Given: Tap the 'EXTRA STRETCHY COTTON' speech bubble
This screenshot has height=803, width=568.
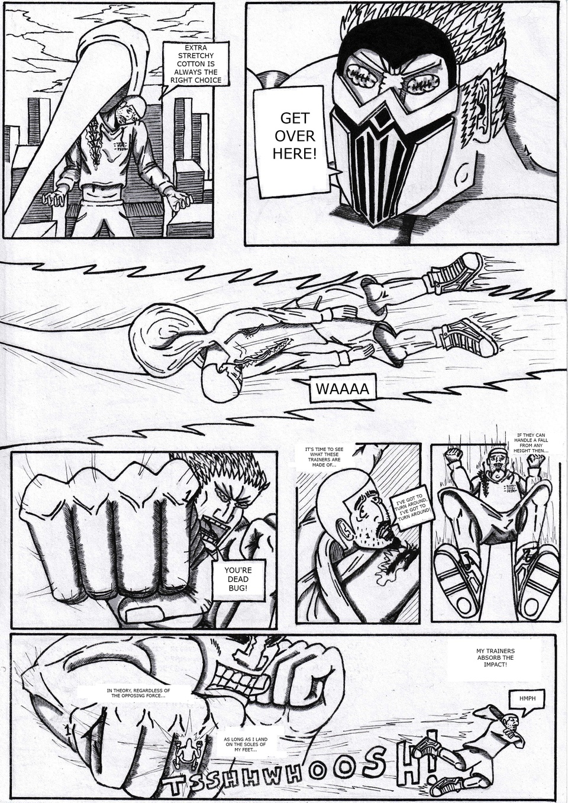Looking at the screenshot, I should pyautogui.click(x=195, y=63).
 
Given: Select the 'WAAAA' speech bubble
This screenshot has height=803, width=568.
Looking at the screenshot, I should pyautogui.click(x=343, y=389).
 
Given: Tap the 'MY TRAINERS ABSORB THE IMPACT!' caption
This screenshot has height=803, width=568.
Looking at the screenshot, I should pyautogui.click(x=495, y=657).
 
